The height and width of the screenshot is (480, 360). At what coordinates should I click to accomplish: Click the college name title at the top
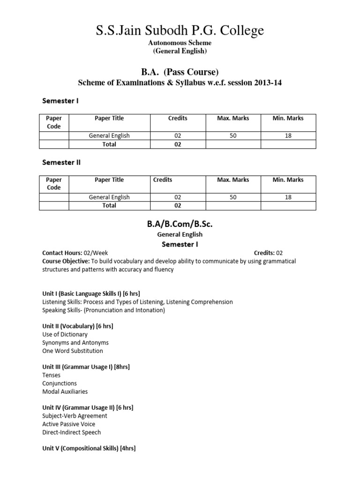point(180,31)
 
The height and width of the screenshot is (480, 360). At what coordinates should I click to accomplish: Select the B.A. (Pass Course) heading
point(180,72)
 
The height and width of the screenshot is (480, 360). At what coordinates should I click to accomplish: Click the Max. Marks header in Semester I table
point(233,119)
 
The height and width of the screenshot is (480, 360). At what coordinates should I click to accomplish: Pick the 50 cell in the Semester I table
point(233,136)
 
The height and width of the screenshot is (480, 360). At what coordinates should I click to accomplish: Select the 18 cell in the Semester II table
point(288,197)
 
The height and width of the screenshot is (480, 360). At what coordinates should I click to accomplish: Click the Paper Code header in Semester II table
point(54,184)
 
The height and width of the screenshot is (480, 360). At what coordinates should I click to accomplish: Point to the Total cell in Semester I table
point(109,144)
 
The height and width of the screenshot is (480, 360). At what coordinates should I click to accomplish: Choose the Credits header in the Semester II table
point(163,180)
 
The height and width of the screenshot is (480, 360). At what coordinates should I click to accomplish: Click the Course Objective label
point(66,261)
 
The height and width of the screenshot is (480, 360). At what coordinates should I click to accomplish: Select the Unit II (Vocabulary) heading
point(78,326)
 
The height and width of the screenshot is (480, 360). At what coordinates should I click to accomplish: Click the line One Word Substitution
point(73,351)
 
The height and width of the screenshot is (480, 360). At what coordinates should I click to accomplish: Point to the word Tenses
point(52,375)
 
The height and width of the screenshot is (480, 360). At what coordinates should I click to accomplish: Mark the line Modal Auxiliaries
point(65,391)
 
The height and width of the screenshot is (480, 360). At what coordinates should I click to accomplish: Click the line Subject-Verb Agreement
point(75,416)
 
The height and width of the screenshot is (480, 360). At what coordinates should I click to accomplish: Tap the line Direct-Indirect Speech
point(71,432)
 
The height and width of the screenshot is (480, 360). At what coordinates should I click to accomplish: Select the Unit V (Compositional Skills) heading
point(89,449)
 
